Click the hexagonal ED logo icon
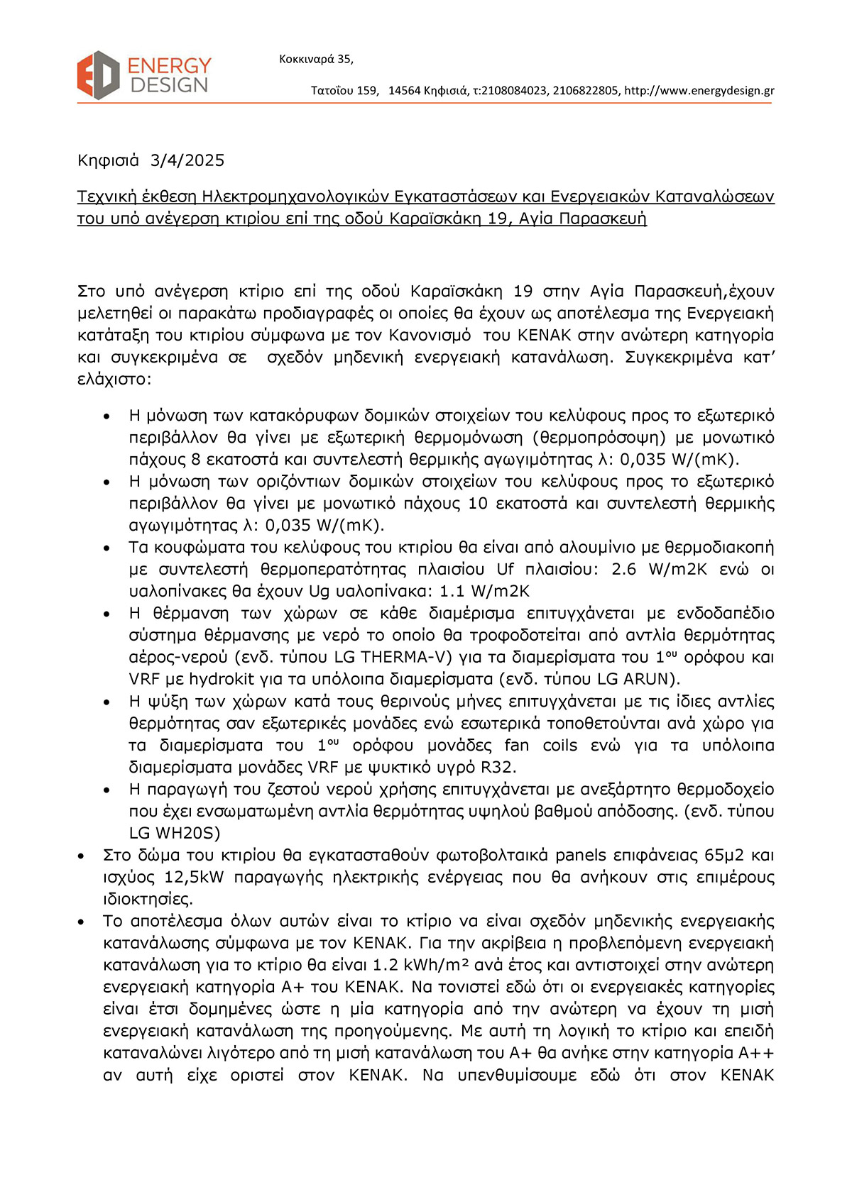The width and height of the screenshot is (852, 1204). click(98, 75)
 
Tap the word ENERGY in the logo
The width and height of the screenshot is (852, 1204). click(170, 66)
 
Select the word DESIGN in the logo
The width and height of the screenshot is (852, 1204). click(170, 85)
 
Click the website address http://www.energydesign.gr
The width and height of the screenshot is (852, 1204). click(699, 91)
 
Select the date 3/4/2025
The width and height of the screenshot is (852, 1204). click(187, 160)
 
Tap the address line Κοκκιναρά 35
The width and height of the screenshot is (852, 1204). click(316, 59)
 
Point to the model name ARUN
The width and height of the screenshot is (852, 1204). click(651, 679)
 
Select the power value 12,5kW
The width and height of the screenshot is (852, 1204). click(194, 878)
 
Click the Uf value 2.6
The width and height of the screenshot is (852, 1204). click(623, 569)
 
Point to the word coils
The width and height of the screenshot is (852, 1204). click(560, 745)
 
